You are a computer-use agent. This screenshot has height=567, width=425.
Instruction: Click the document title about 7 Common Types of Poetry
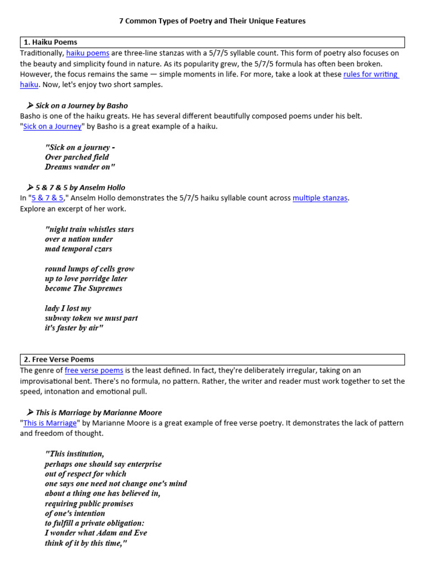coord(212,21)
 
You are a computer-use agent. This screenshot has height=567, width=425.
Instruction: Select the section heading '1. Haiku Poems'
coord(50,42)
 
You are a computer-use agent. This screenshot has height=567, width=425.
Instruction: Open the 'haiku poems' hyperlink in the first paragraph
coord(87,53)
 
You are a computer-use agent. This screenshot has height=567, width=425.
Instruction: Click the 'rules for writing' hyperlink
coord(370,74)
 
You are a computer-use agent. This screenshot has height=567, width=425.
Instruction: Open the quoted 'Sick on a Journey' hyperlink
coord(53,126)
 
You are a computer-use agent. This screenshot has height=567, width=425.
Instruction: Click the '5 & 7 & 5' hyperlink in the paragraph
coord(48,198)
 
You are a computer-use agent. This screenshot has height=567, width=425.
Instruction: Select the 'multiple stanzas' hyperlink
coord(320,198)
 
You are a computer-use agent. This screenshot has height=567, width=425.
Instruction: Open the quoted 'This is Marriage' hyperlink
coord(50,422)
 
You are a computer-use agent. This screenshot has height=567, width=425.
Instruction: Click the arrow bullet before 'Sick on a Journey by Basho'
coord(30,105)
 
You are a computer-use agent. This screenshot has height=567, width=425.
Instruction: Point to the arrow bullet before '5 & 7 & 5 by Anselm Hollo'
coord(30,187)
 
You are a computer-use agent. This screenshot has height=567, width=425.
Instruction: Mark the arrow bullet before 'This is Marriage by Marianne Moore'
coord(30,413)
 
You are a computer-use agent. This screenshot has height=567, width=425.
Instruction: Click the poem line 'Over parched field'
coord(77,157)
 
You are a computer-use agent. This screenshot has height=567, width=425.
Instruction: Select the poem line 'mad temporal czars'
coord(79,249)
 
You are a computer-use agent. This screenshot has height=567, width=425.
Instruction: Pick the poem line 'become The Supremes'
coord(84,288)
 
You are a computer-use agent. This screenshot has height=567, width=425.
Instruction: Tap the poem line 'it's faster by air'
coord(74,328)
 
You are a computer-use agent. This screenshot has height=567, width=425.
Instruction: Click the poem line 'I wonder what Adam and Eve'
coord(96,533)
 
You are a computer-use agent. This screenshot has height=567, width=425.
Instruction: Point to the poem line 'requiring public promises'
coord(89,503)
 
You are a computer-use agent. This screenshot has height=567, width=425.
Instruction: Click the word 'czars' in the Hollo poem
coord(102,249)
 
